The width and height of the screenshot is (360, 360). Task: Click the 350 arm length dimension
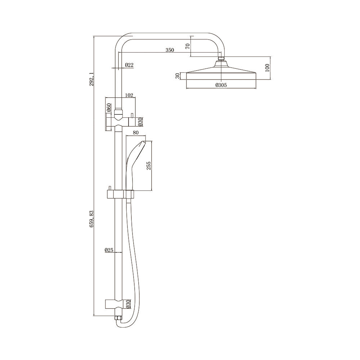pyautogui.click(x=170, y=50)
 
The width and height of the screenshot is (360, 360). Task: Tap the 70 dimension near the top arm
pyautogui.click(x=187, y=46)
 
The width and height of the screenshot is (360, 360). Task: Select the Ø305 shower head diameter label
pyautogui.click(x=221, y=85)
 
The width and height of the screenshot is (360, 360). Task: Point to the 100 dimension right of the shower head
pyautogui.click(x=267, y=68)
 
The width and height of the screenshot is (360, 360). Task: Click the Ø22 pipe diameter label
pyautogui.click(x=129, y=65)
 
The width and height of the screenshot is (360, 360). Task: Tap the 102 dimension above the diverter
pyautogui.click(x=129, y=95)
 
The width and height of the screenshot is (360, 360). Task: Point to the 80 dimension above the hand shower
pyautogui.click(x=136, y=133)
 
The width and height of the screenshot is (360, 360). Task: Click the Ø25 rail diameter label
pyautogui.click(x=109, y=250)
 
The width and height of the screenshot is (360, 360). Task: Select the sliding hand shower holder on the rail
pyautogui.click(x=120, y=194)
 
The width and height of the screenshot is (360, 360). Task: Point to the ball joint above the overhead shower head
pyautogui.click(x=221, y=58)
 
